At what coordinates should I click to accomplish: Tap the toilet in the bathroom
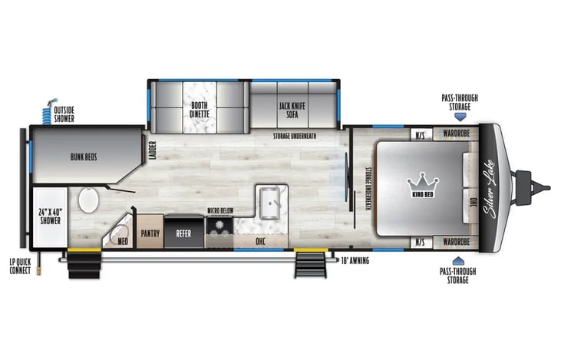click(87, 201)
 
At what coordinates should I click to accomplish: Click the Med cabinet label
click(122, 240)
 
